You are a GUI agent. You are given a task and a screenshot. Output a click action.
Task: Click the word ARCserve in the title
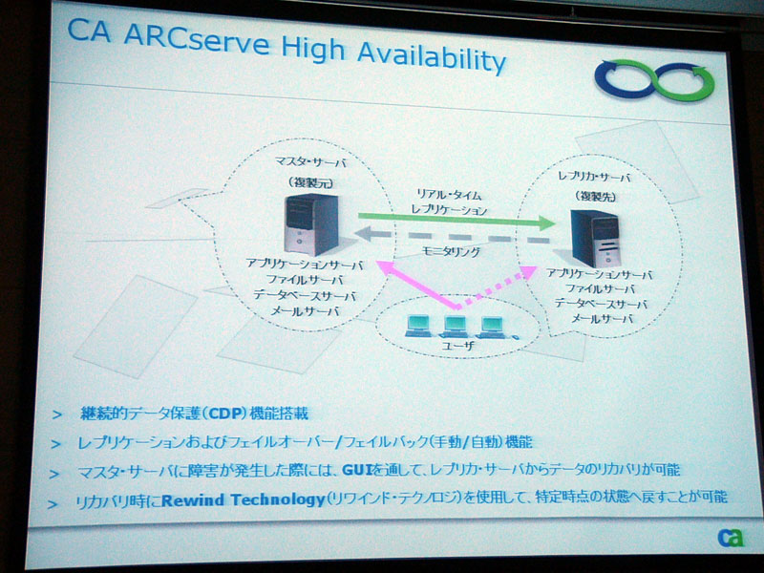tap(197, 39)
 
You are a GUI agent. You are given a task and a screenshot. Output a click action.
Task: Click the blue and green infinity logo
tap(654, 80)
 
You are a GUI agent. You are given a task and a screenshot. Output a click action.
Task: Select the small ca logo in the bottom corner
tap(731, 538)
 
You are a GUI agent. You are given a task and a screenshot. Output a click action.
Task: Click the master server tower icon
tap(312, 224)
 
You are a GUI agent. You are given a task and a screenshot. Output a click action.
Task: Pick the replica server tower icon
tap(594, 239)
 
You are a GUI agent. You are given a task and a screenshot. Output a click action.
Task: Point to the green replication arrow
tap(457, 220)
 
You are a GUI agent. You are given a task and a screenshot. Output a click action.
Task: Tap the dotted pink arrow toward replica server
tap(497, 287)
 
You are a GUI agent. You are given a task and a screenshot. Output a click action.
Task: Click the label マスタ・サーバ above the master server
tap(310, 161)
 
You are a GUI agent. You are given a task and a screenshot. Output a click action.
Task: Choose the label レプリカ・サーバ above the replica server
tap(594, 177)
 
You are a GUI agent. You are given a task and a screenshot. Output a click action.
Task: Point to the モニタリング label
tap(451, 251)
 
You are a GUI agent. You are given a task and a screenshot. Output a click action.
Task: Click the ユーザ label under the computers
tap(457, 346)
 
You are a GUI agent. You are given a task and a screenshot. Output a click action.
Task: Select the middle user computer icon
tap(455, 326)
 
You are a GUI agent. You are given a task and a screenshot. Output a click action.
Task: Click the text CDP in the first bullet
tap(223, 414)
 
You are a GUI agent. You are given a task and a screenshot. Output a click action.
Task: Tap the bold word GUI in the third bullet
tap(356, 470)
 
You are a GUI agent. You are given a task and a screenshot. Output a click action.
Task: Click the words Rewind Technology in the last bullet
tap(244, 499)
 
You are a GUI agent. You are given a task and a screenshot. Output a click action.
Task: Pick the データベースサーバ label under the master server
tap(305, 295)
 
